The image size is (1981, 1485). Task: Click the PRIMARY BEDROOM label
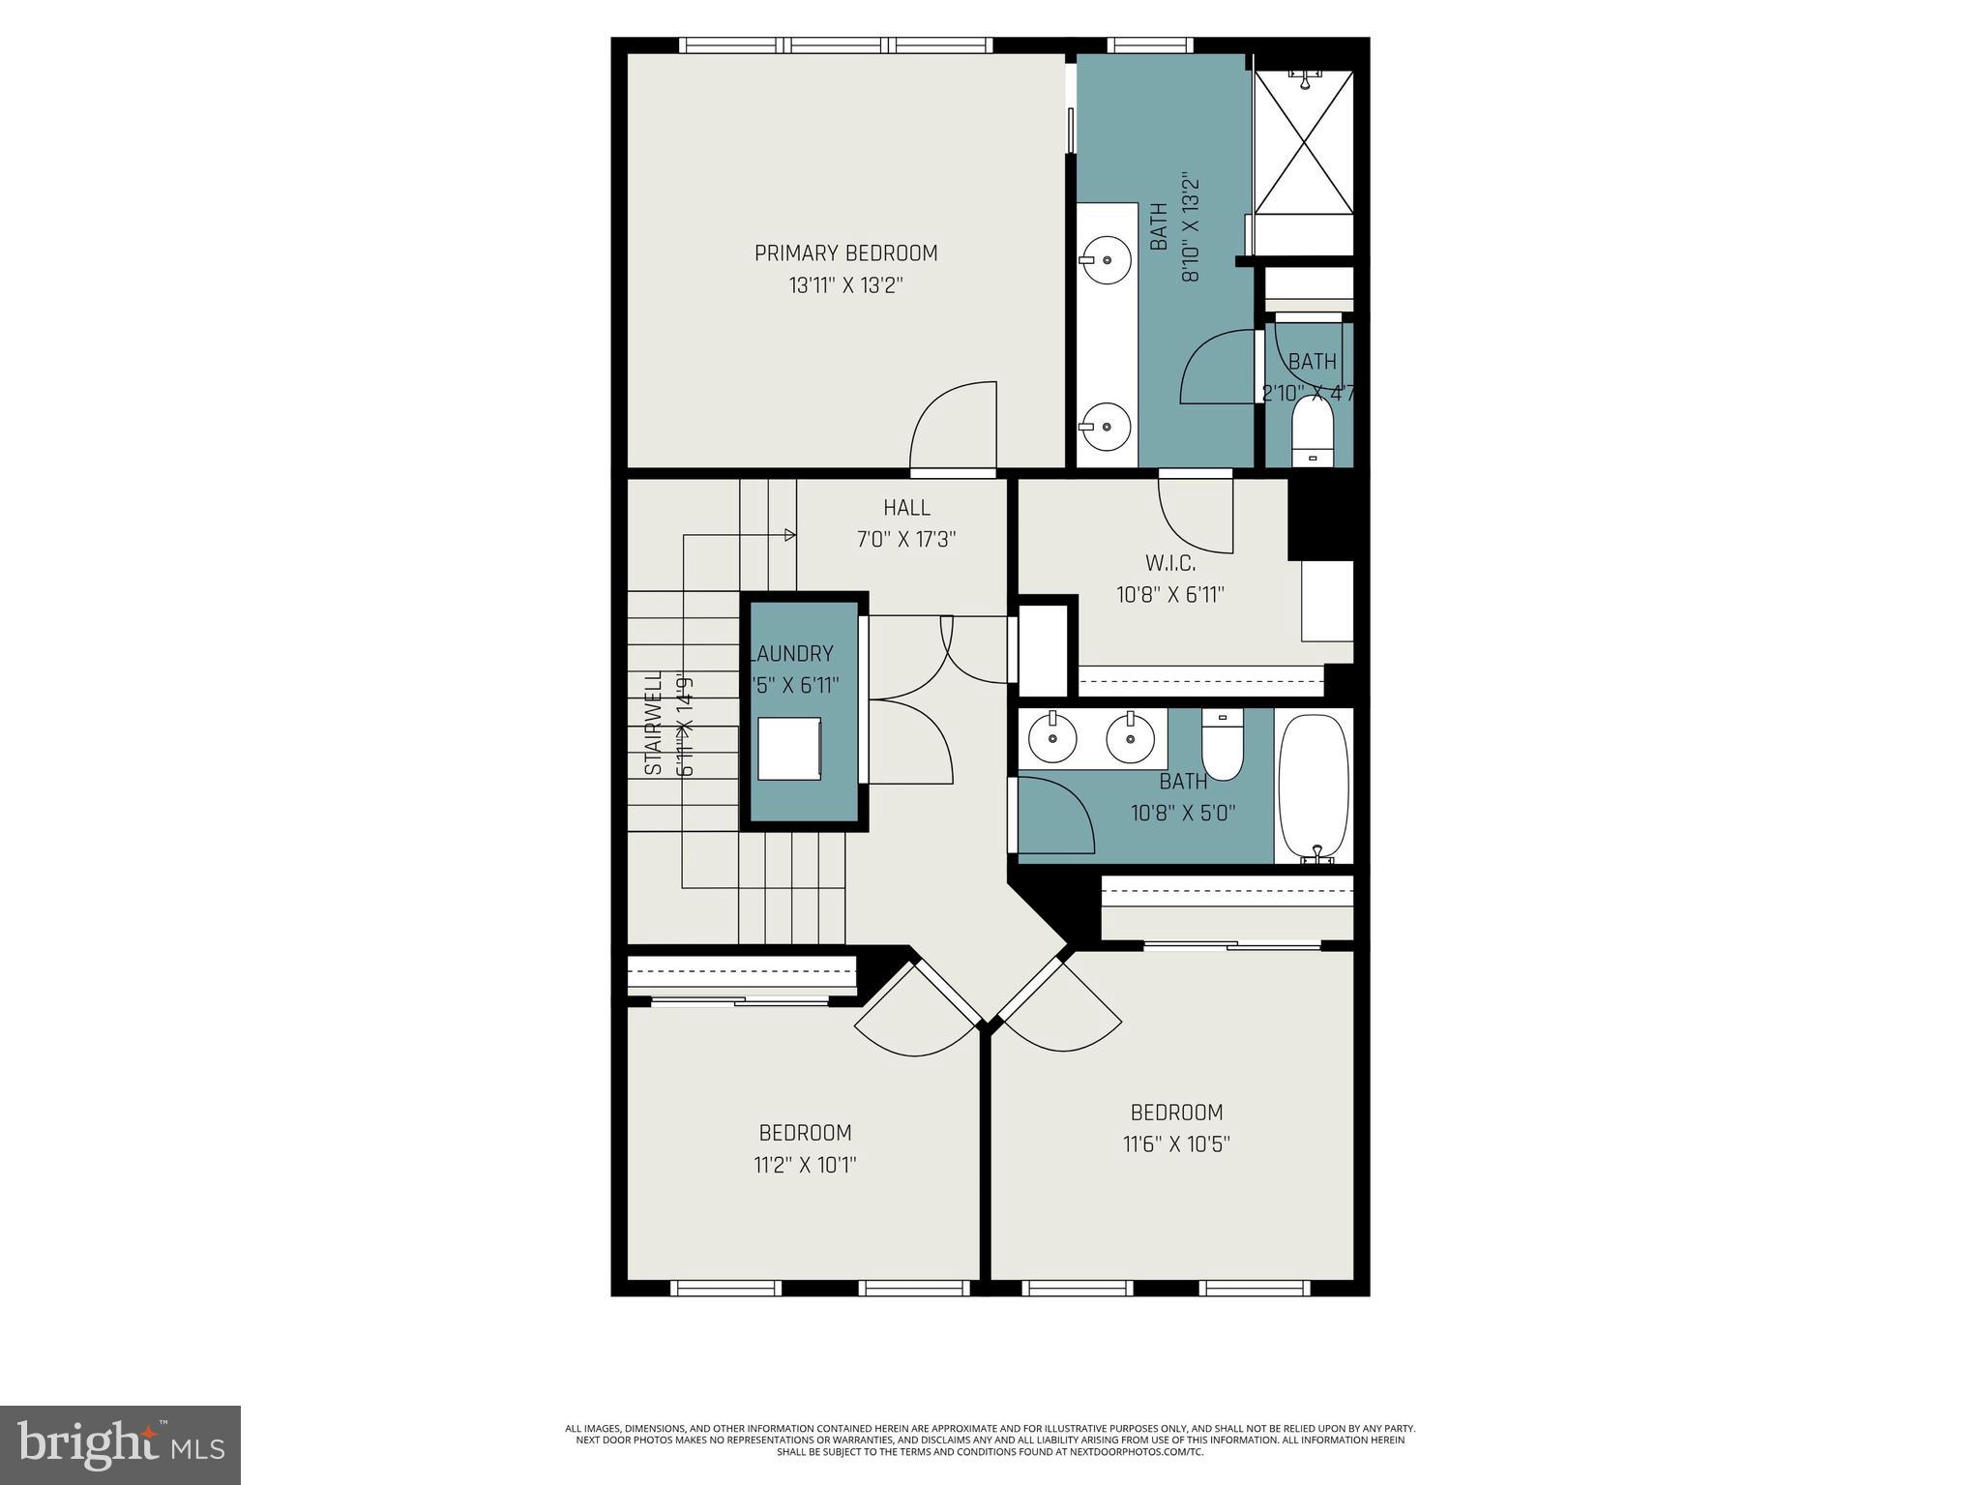point(845,253)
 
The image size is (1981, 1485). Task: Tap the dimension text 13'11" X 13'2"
point(845,286)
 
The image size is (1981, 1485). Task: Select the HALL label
point(906,508)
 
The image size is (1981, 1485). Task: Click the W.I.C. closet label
point(1170,563)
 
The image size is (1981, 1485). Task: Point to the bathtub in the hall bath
point(1314,786)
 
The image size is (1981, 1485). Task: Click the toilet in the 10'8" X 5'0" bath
point(1223,747)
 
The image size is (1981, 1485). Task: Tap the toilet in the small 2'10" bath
point(1313,435)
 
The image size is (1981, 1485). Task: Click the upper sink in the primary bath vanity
point(1105,258)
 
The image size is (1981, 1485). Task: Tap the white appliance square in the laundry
point(789,749)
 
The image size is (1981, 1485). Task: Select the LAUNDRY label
point(793,654)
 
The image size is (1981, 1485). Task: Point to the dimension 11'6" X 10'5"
point(1176,1144)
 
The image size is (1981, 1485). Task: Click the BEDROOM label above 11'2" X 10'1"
point(805,1133)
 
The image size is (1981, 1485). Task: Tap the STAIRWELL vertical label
point(655,723)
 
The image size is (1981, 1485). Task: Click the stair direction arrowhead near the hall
point(789,535)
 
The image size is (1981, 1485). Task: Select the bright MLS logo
point(120,1445)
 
